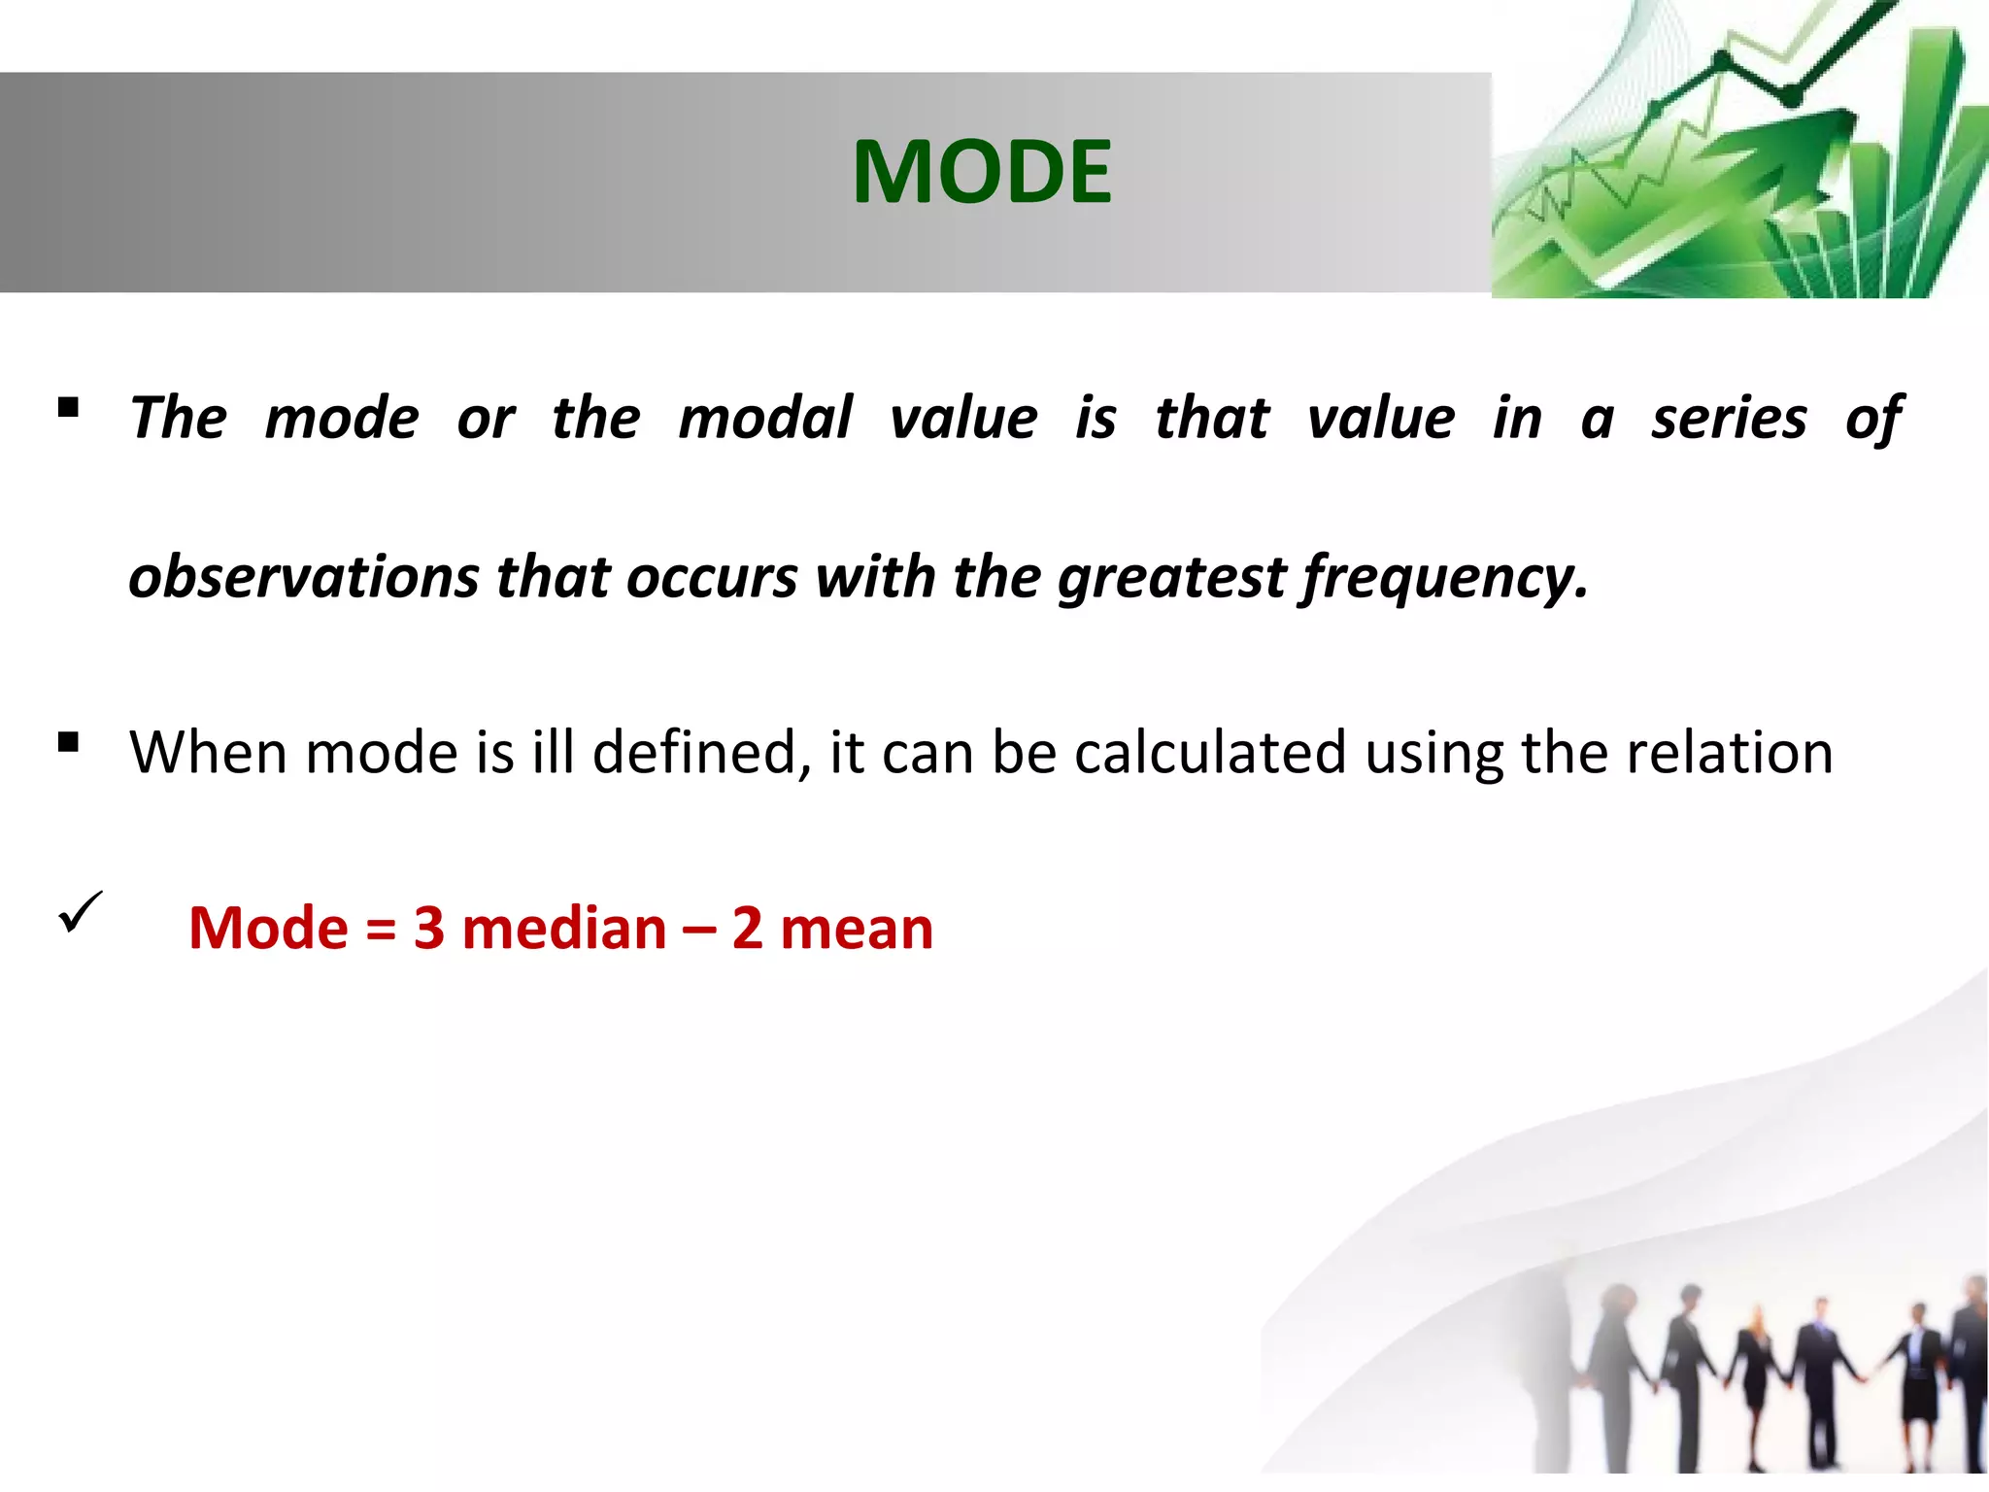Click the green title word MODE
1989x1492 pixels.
click(981, 172)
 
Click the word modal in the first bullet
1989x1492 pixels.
click(764, 419)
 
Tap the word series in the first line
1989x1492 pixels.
click(1729, 419)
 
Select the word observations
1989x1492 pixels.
click(303, 577)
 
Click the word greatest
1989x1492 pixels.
click(1171, 579)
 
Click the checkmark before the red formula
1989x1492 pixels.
click(80, 913)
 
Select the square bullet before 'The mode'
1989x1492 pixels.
click(68, 407)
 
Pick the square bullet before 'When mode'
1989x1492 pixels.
click(68, 743)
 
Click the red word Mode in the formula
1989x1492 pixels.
click(268, 929)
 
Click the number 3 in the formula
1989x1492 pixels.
click(428, 929)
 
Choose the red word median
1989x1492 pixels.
click(563, 929)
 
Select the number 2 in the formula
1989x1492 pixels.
click(747, 929)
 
